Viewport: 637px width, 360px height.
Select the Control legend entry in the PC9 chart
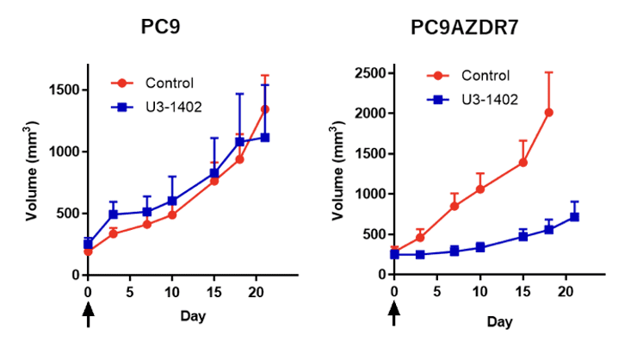[x=169, y=84]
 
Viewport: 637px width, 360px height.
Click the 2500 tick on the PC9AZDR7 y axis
[x=368, y=72]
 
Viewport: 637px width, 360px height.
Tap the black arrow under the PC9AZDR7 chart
[x=394, y=316]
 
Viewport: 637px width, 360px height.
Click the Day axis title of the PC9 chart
[x=194, y=316]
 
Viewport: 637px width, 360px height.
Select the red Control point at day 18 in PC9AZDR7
[x=548, y=112]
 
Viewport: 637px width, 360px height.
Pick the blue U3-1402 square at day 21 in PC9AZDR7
[x=574, y=216]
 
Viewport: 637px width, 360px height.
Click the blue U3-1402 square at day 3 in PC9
[x=113, y=214]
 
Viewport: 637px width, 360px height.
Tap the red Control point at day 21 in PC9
[x=265, y=109]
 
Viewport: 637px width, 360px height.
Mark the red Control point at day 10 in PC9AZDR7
[x=480, y=189]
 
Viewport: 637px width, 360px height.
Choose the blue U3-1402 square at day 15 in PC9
[x=214, y=173]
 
